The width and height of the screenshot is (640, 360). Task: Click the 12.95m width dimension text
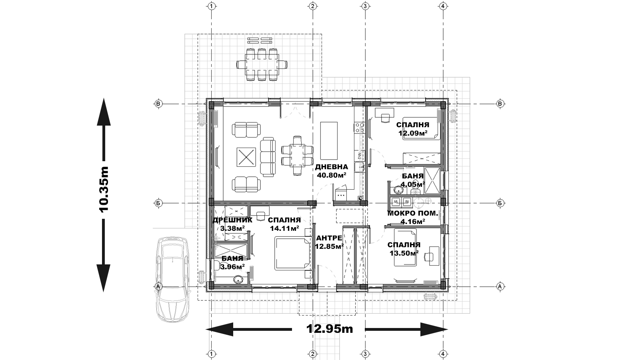click(x=330, y=329)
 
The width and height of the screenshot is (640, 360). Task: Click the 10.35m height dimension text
click(x=104, y=189)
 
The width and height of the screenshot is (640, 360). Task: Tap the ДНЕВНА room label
click(x=332, y=167)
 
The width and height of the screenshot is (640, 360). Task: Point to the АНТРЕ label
click(x=329, y=238)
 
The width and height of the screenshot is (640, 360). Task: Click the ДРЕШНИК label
click(x=232, y=220)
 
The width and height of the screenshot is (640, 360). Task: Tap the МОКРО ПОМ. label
click(x=412, y=214)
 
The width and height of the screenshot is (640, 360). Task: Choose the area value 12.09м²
click(x=413, y=133)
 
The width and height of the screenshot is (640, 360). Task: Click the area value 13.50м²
click(x=404, y=253)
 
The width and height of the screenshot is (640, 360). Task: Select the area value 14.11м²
click(x=284, y=228)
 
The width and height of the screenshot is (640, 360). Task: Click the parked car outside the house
click(x=172, y=279)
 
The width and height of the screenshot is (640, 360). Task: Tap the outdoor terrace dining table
click(x=262, y=64)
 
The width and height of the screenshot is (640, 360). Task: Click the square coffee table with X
click(x=246, y=157)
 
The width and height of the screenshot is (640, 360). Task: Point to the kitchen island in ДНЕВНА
click(x=329, y=140)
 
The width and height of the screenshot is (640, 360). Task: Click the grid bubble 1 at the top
click(x=212, y=6)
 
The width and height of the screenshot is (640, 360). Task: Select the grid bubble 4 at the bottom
click(x=442, y=354)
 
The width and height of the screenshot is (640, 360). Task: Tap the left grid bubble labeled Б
click(x=158, y=203)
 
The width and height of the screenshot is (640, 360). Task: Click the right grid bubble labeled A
click(x=500, y=286)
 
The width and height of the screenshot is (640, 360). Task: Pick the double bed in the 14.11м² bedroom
click(x=292, y=253)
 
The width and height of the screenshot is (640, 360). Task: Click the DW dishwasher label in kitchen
click(x=359, y=156)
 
